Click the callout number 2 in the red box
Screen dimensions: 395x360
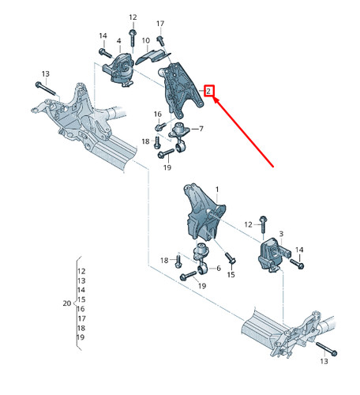pyautogui.click(x=208, y=91)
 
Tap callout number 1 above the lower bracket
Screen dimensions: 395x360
pyautogui.click(x=217, y=190)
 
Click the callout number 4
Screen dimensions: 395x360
pyautogui.click(x=118, y=41)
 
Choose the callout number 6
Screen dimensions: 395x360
pyautogui.click(x=218, y=269)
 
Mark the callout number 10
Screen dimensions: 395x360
pyautogui.click(x=146, y=39)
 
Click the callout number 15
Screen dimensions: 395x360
pyautogui.click(x=231, y=275)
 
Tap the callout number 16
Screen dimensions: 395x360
pyautogui.click(x=158, y=113)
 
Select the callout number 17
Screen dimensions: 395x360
pyautogui.click(x=160, y=24)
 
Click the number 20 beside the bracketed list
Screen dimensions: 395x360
pyautogui.click(x=66, y=303)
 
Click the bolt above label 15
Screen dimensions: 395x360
pyautogui.click(x=229, y=258)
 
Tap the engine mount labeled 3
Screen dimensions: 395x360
pyautogui.click(x=268, y=254)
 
